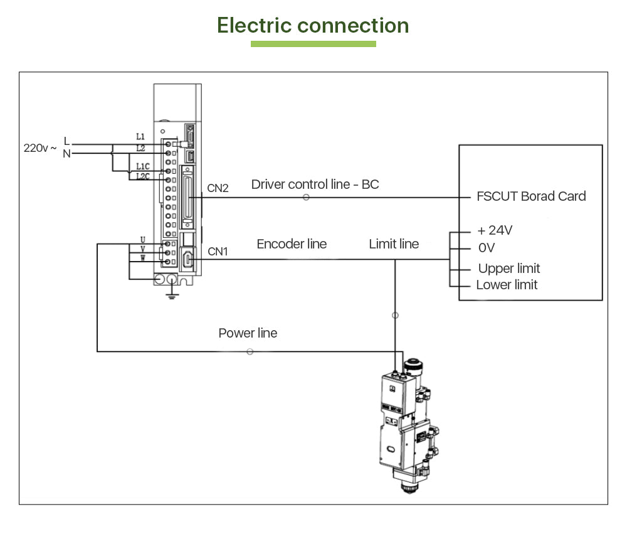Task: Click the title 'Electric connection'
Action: (x=313, y=26)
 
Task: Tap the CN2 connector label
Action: (x=218, y=188)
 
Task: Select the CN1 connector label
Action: (x=218, y=252)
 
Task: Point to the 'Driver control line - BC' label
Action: (x=315, y=184)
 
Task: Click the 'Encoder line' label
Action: (x=292, y=244)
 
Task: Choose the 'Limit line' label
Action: (x=394, y=244)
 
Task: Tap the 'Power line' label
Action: (x=248, y=333)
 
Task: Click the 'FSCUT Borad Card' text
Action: (x=531, y=196)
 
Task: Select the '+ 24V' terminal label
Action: (x=495, y=230)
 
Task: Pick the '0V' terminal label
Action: (x=487, y=248)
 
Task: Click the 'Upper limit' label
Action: (x=508, y=269)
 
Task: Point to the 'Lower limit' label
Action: (x=507, y=285)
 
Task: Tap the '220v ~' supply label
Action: (x=40, y=148)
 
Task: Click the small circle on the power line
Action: (x=250, y=351)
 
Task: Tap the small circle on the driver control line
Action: (x=306, y=197)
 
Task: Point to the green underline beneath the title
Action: (x=313, y=44)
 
